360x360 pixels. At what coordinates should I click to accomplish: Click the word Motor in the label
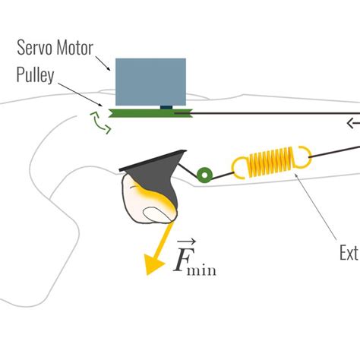tap(75, 48)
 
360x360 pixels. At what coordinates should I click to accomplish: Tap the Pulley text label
tap(36, 76)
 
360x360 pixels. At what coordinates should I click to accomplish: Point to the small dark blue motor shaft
tap(166, 106)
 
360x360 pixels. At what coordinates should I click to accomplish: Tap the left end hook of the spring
tap(238, 165)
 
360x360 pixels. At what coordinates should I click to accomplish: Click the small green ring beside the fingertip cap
tap(204, 175)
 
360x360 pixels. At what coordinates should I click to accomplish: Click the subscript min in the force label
tap(204, 267)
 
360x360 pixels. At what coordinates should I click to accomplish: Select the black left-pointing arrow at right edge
tap(352, 122)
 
